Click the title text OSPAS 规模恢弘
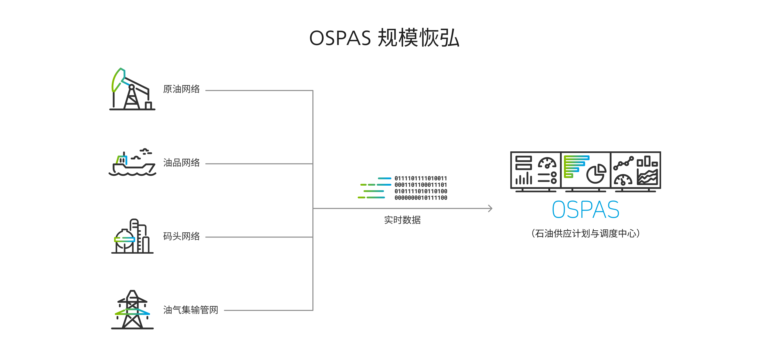[384, 38]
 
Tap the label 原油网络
[182, 89]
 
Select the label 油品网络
[182, 163]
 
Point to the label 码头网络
[182, 236]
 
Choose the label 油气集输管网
[191, 310]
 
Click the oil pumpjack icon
[132, 89]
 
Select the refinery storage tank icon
[132, 236]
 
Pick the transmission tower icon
[132, 310]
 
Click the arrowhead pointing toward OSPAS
[490, 208]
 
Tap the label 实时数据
[402, 220]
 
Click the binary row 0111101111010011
[421, 178]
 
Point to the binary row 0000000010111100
[421, 198]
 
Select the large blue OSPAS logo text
[585, 210]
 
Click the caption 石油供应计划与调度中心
[585, 233]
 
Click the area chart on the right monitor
[647, 177]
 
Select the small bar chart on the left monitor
[523, 178]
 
